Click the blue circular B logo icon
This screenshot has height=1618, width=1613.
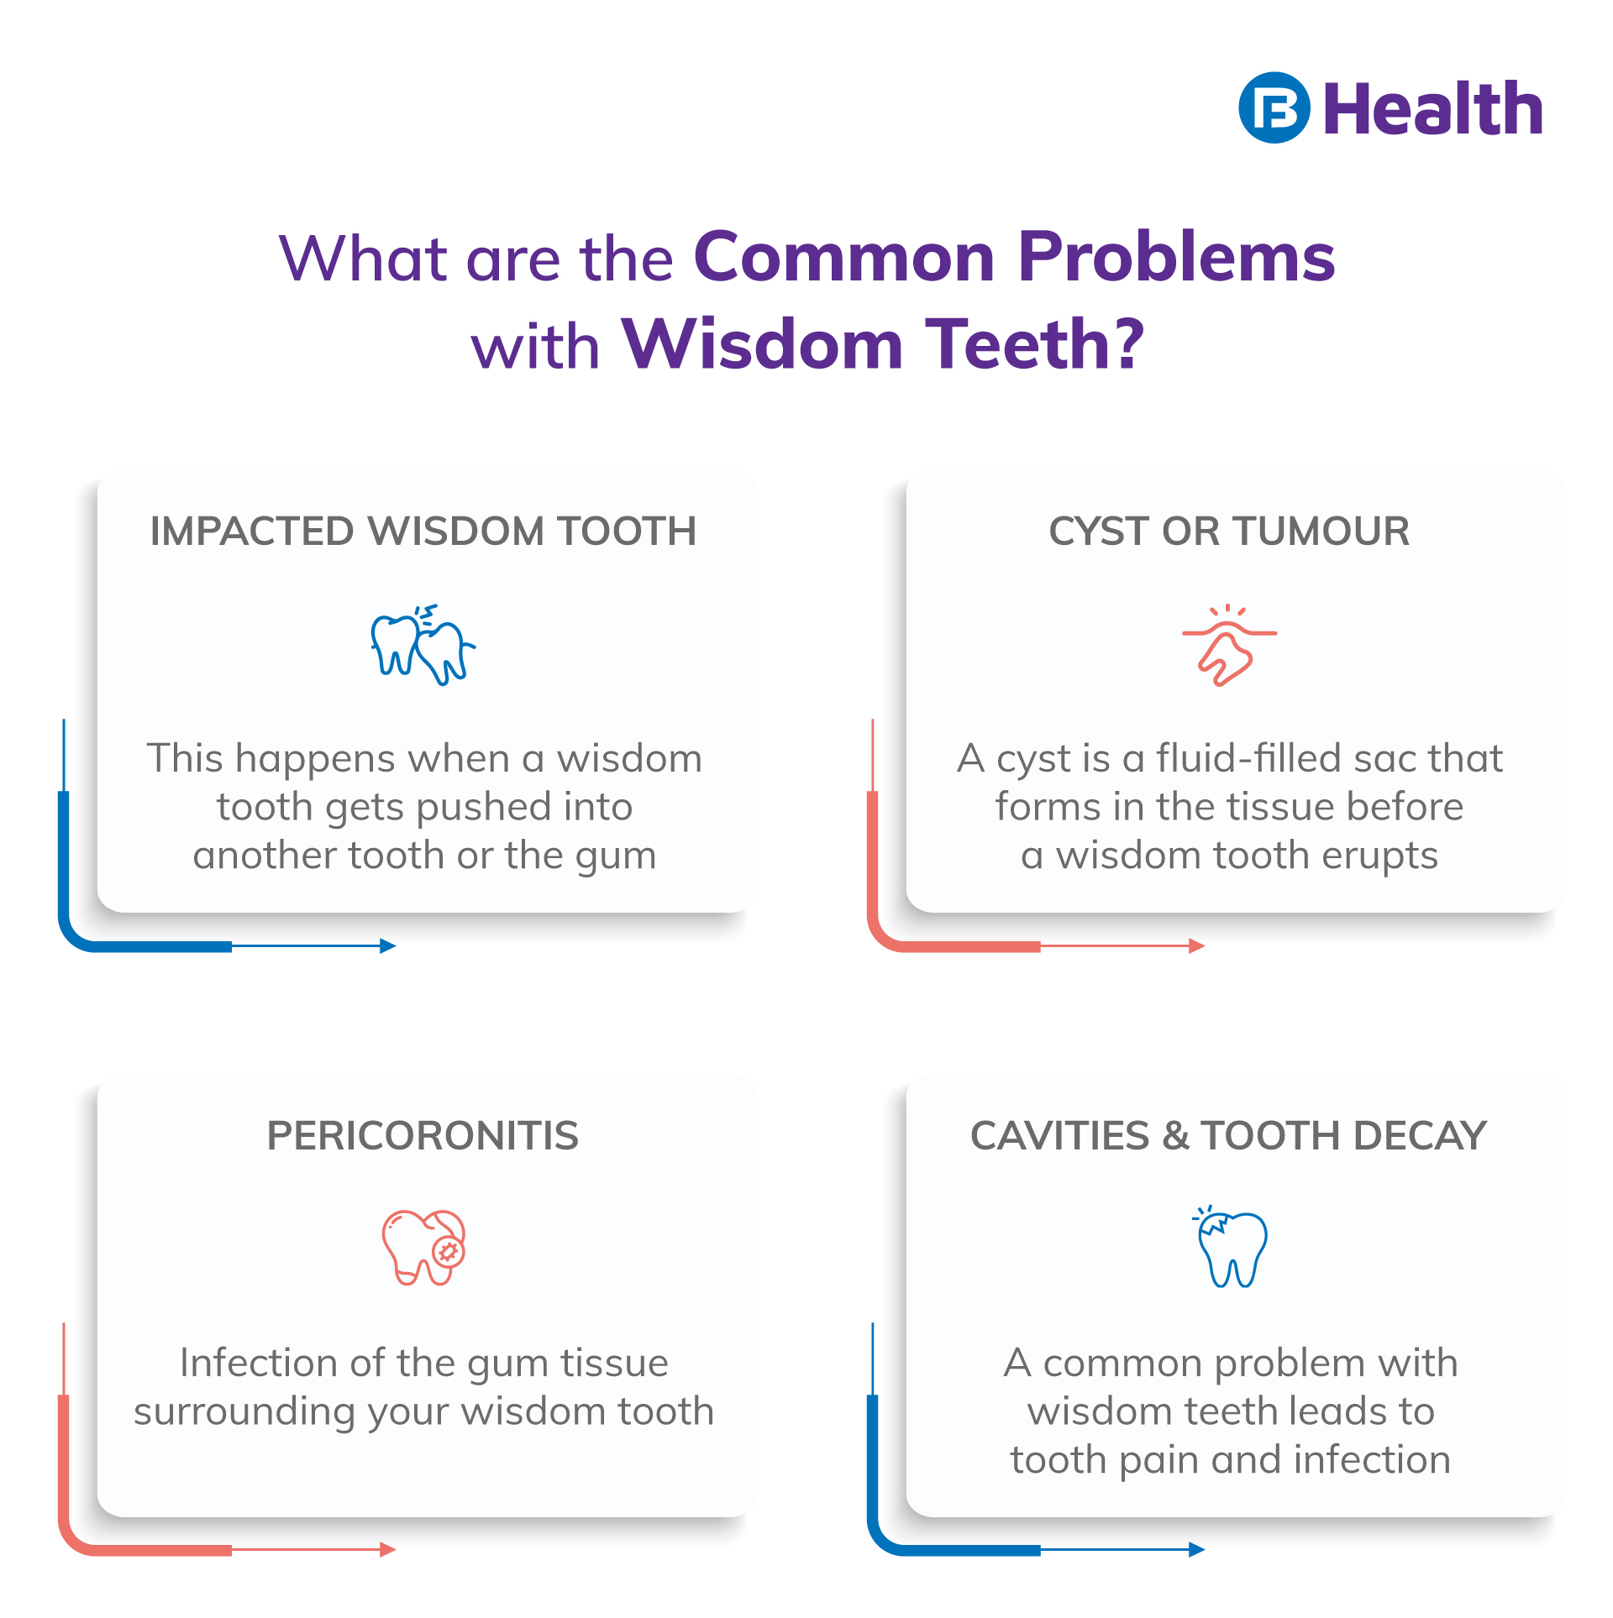1274,107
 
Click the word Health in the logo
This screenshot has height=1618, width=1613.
1433,109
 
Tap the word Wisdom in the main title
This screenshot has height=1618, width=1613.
761,344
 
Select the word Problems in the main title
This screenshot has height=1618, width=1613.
1176,257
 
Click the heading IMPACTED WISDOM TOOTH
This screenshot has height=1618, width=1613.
423,531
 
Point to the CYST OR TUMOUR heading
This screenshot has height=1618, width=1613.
1229,531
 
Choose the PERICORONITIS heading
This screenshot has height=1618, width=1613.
423,1135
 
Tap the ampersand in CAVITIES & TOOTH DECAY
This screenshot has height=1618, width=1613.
1175,1136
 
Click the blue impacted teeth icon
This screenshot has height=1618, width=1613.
423,645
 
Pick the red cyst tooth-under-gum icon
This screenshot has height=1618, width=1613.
1228,645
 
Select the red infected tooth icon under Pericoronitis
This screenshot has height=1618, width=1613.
424,1247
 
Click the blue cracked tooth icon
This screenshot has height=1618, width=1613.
1232,1248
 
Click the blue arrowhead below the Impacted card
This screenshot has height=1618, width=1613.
388,946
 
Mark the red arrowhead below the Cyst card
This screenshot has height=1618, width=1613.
1197,946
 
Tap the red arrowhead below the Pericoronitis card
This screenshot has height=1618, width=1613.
388,1550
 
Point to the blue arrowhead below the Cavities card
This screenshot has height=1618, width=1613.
1197,1550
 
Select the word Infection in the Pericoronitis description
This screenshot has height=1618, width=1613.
259,1363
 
